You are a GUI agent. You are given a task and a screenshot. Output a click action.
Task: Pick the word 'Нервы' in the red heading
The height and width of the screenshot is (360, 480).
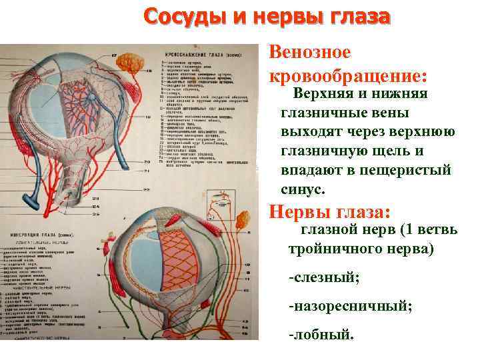click(297, 213)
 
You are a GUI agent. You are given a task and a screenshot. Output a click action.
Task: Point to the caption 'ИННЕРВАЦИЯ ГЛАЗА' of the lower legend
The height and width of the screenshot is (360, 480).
click(40, 235)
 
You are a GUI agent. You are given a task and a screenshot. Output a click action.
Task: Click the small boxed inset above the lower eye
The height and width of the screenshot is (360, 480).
click(217, 197)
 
